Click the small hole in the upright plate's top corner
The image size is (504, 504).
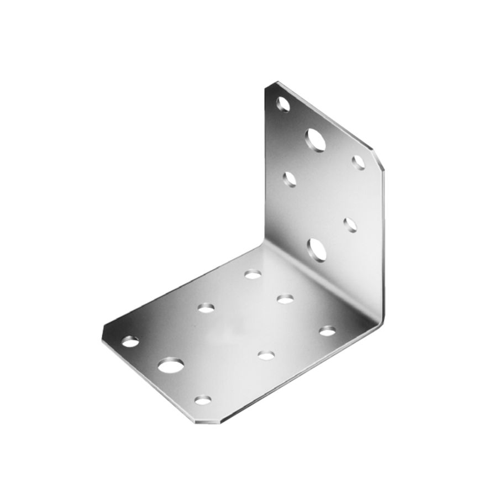[x=284, y=103]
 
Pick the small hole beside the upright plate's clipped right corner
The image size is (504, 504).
[x=357, y=161]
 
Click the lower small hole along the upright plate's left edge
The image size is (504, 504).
[x=289, y=178]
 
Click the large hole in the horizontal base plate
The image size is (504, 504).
[x=171, y=365]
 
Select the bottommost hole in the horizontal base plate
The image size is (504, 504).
[x=203, y=398]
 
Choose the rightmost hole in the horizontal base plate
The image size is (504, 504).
[x=327, y=331]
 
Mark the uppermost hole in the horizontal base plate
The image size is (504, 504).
[x=253, y=274]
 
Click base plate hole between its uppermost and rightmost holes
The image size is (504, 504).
[x=285, y=300]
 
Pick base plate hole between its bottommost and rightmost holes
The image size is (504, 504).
[x=267, y=355]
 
